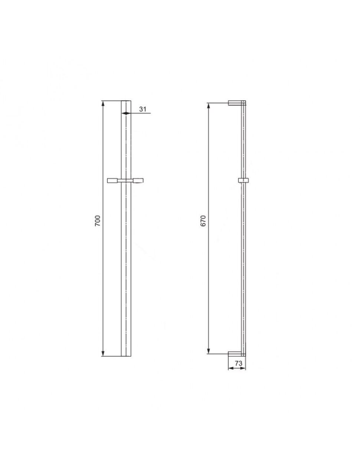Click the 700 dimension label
point(98,220)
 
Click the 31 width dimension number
point(143,109)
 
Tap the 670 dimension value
point(203,220)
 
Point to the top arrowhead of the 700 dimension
point(103,103)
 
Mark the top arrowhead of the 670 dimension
point(208,106)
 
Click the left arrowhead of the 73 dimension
point(231,368)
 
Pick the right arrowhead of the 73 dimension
point(243,368)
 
